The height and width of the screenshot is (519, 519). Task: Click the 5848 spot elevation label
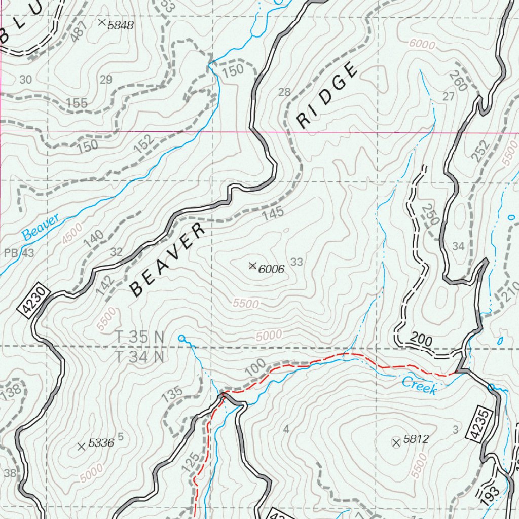click(x=121, y=25)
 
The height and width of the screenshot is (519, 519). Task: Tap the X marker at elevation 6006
click(x=252, y=266)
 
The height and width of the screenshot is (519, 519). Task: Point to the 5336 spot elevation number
click(x=101, y=443)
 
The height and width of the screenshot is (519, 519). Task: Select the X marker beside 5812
click(x=396, y=443)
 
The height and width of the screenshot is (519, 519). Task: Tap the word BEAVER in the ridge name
click(x=168, y=260)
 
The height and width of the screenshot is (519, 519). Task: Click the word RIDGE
click(x=327, y=96)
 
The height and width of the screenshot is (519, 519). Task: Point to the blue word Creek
click(x=419, y=386)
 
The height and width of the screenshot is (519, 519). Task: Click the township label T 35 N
click(x=140, y=337)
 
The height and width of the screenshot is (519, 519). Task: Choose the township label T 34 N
click(x=140, y=357)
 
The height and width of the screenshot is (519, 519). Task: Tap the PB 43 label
click(x=19, y=253)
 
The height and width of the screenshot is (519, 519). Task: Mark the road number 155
click(x=77, y=103)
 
